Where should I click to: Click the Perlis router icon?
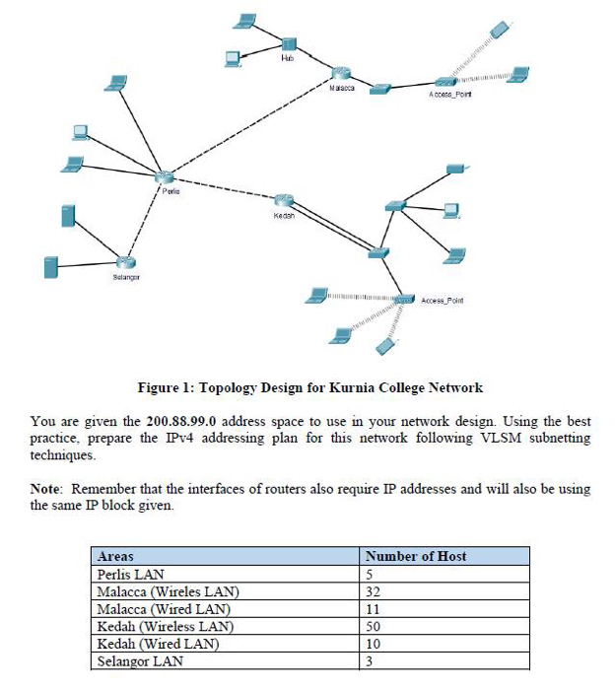165,176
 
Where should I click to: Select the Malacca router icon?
341,74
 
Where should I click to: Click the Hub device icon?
288,44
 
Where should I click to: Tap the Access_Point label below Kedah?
441,300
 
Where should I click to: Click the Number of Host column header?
416,556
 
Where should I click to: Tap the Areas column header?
116,556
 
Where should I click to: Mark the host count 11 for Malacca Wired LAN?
372,609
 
